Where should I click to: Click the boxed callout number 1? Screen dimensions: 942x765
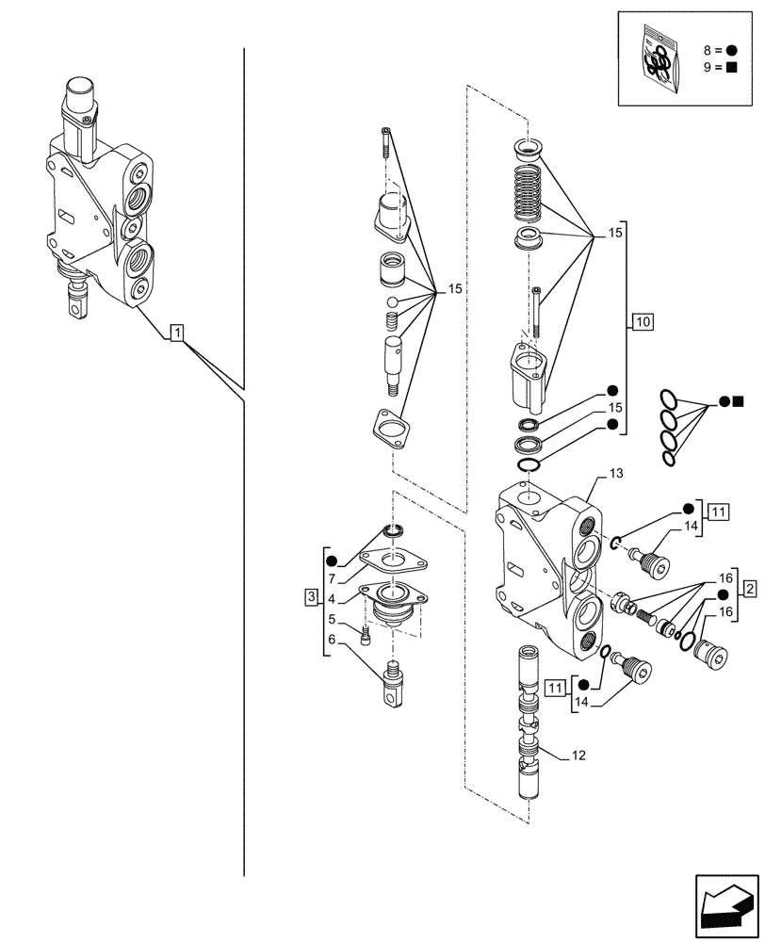point(177,332)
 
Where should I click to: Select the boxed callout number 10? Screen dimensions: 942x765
point(643,323)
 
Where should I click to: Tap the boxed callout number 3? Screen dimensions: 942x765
point(311,597)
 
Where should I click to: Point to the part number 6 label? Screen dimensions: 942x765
point(333,640)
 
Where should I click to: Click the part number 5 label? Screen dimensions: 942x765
point(333,620)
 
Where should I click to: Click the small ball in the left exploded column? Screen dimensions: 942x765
point(393,301)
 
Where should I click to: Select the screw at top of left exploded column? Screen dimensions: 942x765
point(385,142)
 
